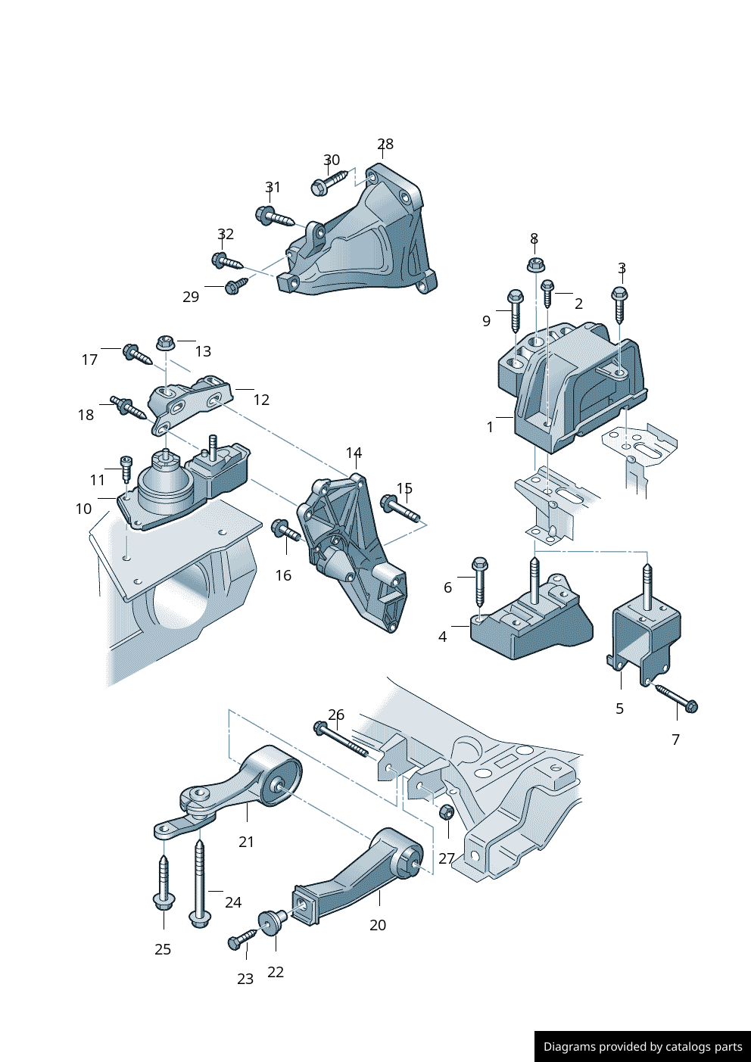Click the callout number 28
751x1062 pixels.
click(x=385, y=144)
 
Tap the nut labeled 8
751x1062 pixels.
click(x=534, y=264)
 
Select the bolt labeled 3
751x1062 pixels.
click(x=620, y=305)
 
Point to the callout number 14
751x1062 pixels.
click(x=354, y=453)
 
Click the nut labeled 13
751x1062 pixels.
click(x=164, y=342)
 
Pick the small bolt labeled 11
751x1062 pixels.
click(x=126, y=469)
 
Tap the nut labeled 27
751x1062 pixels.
click(x=447, y=811)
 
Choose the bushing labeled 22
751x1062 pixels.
click(x=272, y=921)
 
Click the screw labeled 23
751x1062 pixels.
click(x=242, y=939)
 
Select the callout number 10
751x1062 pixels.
click(x=83, y=509)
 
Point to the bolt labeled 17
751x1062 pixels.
click(x=137, y=355)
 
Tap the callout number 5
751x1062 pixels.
click(x=619, y=709)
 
